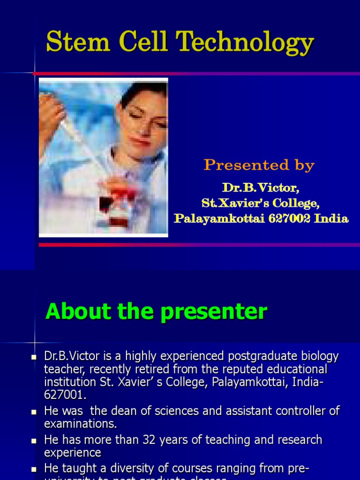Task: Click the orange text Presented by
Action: coord(259,165)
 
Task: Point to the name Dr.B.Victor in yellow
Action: coord(261,188)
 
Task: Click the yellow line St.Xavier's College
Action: coord(261,203)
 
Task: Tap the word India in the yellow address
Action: coord(332,218)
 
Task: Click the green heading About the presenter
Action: coord(156,312)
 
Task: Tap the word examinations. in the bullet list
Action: coord(80,424)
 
